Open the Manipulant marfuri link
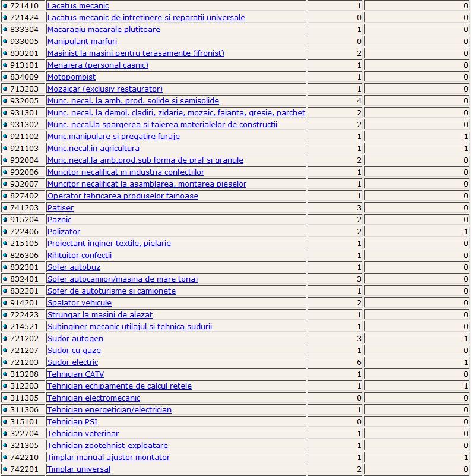tap(82, 42)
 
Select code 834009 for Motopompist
tap(24, 77)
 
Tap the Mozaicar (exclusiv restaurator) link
tap(105, 89)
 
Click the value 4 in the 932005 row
tap(359, 101)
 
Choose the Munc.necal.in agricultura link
tap(93, 149)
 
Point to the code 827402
tap(24, 196)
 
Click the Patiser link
tap(61, 208)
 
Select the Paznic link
tap(59, 220)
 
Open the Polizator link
tap(64, 232)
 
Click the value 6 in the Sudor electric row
tap(359, 362)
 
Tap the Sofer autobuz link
tap(74, 267)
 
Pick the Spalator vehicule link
tap(80, 303)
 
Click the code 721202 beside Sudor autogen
tap(24, 339)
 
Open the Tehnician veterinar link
tap(83, 434)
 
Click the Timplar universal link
tap(79, 469)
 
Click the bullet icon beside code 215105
tap(5, 244)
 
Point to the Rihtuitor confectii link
tap(80, 256)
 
